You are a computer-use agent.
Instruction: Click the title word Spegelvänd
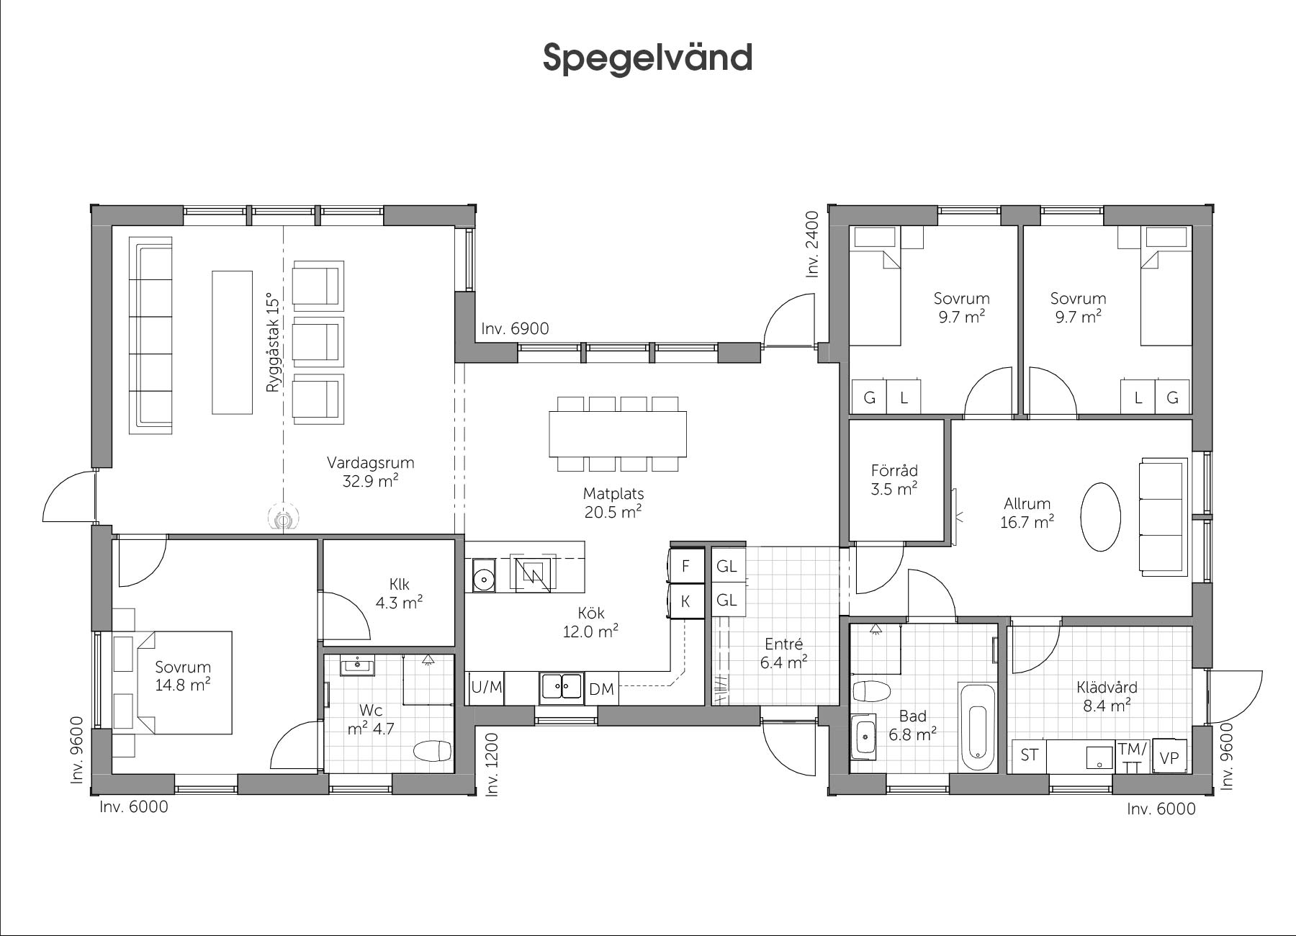647,58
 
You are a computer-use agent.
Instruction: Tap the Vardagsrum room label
370,462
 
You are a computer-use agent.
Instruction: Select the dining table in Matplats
618,433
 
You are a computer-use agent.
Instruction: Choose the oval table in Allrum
1100,516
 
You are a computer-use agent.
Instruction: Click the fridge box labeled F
686,566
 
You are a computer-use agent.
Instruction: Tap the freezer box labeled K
686,601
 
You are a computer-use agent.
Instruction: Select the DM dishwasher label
601,689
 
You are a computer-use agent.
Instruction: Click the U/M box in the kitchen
487,688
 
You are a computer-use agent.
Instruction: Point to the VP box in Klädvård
1169,757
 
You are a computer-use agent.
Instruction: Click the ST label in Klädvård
1030,755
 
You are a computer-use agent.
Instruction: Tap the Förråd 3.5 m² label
894,480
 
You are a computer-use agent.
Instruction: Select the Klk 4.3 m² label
399,593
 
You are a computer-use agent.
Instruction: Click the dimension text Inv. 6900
515,329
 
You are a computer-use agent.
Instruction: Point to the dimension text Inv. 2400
813,244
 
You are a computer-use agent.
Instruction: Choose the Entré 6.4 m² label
783,653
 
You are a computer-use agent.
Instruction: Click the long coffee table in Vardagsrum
232,343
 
